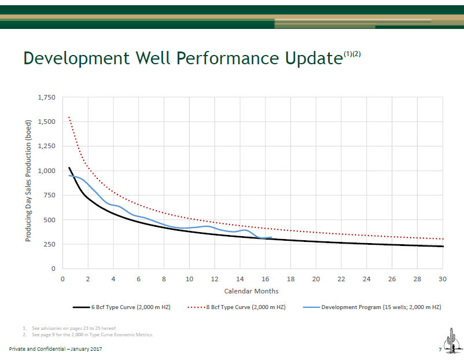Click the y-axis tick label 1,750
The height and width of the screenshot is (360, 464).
(x=46, y=97)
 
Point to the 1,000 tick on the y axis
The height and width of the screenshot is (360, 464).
(x=46, y=171)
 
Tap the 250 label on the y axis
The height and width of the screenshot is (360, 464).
(x=50, y=244)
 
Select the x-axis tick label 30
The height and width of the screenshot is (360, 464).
(x=443, y=279)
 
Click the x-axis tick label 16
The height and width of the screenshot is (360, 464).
(x=266, y=279)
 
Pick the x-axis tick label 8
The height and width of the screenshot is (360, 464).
(x=164, y=279)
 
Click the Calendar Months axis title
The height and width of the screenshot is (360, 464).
(x=252, y=291)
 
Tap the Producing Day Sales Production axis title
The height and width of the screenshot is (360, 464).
(x=28, y=183)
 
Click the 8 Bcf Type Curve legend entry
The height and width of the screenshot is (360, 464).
(x=243, y=307)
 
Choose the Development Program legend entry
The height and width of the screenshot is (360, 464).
(x=373, y=307)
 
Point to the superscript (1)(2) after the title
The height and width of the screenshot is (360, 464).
(x=352, y=54)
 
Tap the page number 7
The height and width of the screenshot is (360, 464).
(x=440, y=350)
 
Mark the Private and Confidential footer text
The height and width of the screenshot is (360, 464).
(x=56, y=350)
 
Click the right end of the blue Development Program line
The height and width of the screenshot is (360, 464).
(x=271, y=237)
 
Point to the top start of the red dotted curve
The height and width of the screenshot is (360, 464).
(x=69, y=117)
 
